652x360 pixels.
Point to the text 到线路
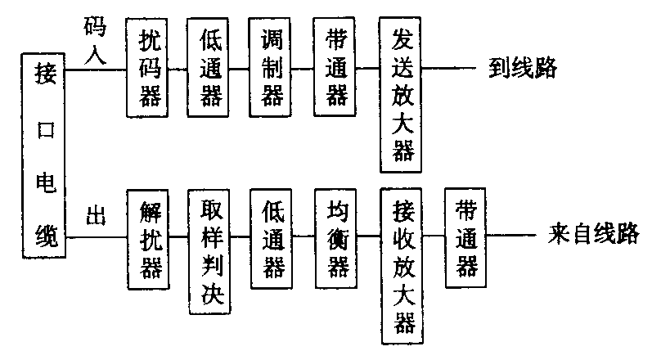pos(523,68)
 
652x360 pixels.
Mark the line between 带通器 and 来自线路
pos(510,238)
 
